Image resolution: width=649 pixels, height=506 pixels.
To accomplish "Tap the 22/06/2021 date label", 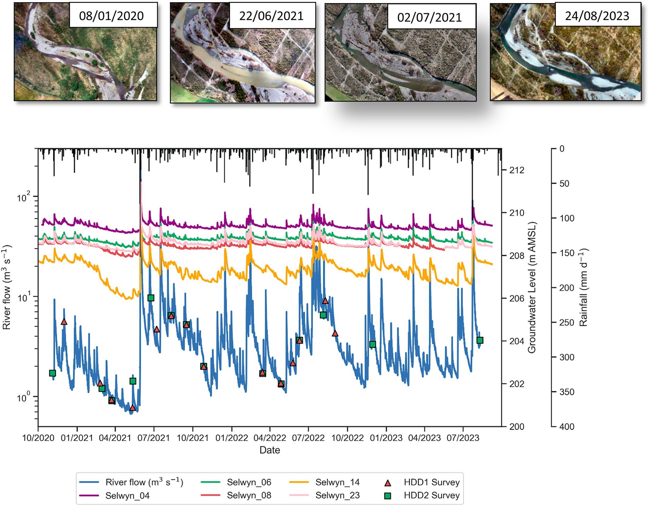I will (271, 16).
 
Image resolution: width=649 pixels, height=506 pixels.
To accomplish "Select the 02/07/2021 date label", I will (429, 17).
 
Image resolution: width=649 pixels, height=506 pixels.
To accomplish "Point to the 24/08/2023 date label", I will (597, 16).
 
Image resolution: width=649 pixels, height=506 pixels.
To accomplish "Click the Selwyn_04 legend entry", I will (127, 496).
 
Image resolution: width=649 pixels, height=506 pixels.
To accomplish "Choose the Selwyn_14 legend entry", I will (337, 482).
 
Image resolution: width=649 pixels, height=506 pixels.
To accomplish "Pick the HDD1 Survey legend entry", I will (432, 482).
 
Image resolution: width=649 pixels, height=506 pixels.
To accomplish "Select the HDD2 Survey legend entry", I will (432, 496).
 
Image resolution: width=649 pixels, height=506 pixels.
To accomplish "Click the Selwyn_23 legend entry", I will (337, 496).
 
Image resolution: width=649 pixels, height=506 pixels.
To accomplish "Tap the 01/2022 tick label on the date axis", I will (231, 438).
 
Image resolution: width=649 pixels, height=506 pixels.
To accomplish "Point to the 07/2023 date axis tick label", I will (463, 438).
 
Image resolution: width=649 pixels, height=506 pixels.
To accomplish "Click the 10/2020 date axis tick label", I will (38, 438).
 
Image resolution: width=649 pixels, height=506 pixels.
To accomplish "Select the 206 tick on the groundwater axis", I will (517, 298).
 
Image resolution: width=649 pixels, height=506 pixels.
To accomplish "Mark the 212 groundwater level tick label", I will (517, 170).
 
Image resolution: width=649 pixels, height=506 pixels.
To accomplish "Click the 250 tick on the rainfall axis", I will (566, 322).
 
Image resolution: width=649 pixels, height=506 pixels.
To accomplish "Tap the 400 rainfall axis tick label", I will (566, 426).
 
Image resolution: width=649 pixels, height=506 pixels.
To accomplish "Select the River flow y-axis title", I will (7, 287).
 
